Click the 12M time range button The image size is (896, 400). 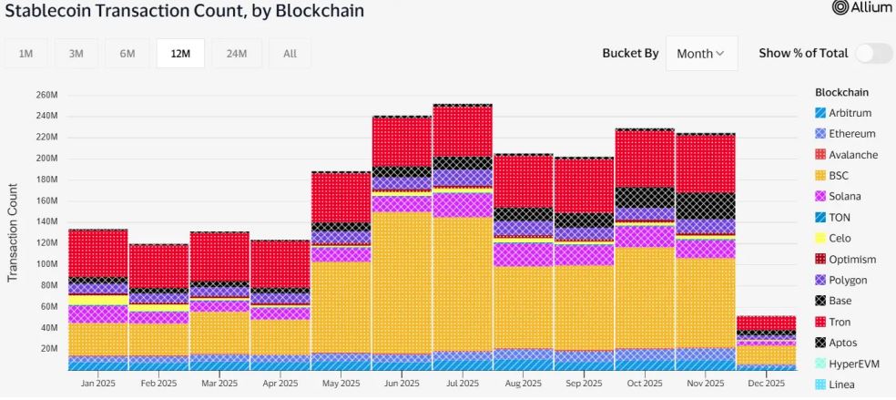pos(179,54)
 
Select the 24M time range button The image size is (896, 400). pos(236,54)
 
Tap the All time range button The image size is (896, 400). pos(290,54)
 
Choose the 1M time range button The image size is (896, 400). pos(26,54)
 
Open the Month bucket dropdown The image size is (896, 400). pos(700,54)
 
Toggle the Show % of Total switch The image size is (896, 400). pos(873,53)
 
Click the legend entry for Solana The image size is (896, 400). pos(844,196)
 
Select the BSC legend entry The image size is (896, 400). pos(839,175)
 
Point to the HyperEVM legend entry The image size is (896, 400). pos(851,364)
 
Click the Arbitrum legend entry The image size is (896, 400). pos(850,113)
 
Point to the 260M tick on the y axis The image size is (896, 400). pos(46,95)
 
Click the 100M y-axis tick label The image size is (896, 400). pos(46,264)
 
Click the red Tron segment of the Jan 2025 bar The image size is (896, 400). pos(97,252)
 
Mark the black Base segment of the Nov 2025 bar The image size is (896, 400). pos(705,205)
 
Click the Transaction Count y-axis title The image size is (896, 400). pos(14,232)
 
